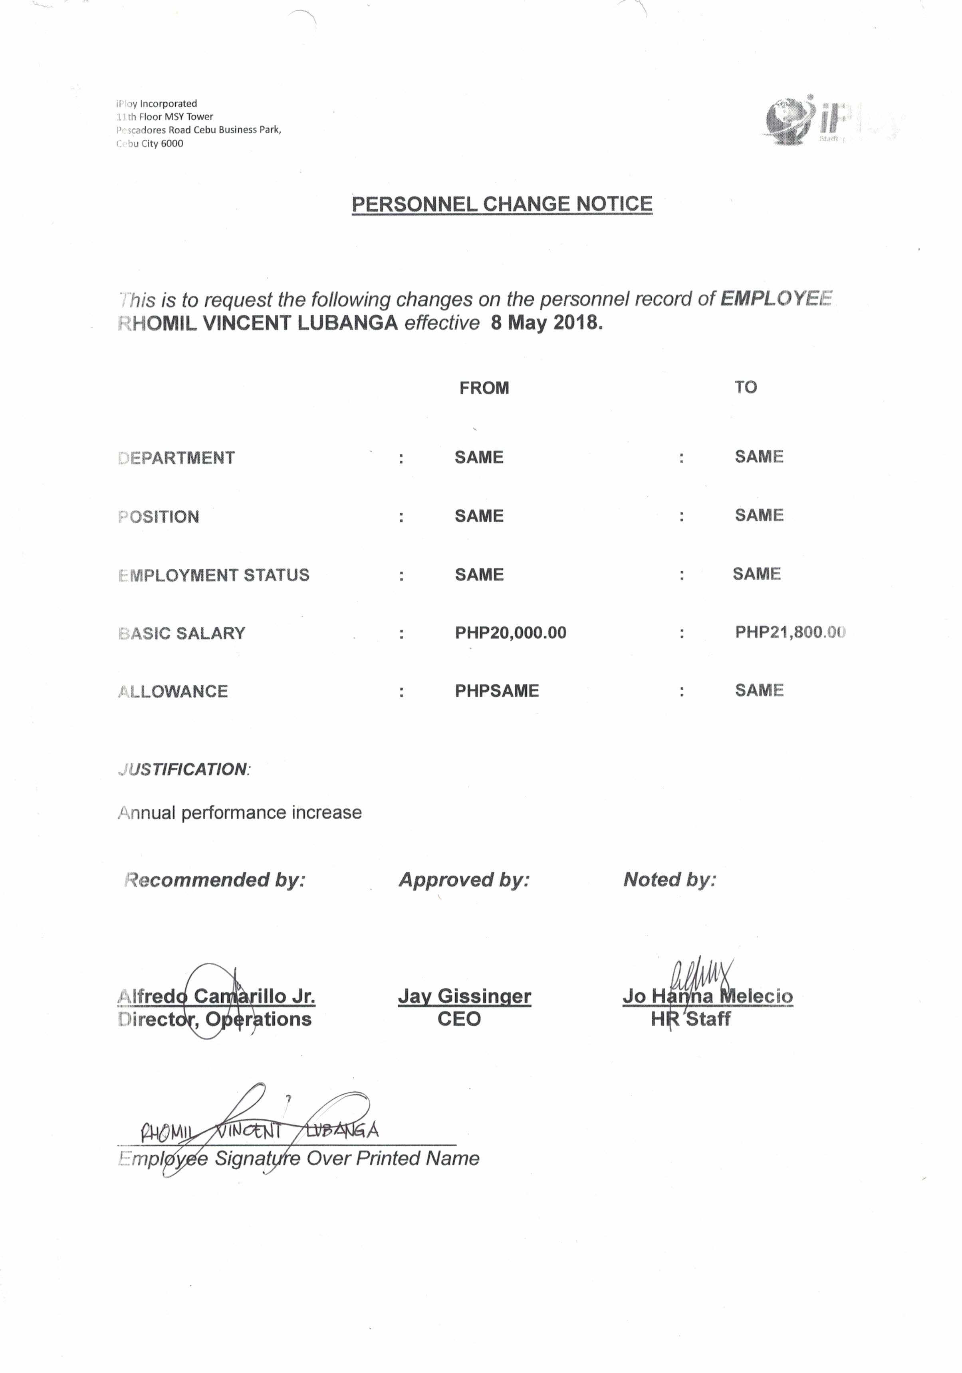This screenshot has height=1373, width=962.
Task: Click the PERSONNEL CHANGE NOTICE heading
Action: [501, 204]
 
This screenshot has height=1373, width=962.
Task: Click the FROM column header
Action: [484, 388]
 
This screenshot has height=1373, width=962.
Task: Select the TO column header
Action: [746, 387]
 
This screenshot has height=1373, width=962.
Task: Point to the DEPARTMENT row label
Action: [177, 458]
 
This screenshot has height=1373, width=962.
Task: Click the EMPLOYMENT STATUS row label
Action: [214, 575]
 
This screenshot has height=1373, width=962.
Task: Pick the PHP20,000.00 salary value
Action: [510, 633]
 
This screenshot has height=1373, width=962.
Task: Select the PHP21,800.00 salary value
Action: [790, 632]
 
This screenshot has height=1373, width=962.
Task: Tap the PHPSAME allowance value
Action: [496, 691]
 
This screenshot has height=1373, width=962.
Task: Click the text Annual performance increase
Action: [240, 813]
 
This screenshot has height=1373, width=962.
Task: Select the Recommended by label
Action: [214, 880]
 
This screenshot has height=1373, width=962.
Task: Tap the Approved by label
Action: [464, 880]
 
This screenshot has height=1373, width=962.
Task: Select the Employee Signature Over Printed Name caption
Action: [299, 1158]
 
